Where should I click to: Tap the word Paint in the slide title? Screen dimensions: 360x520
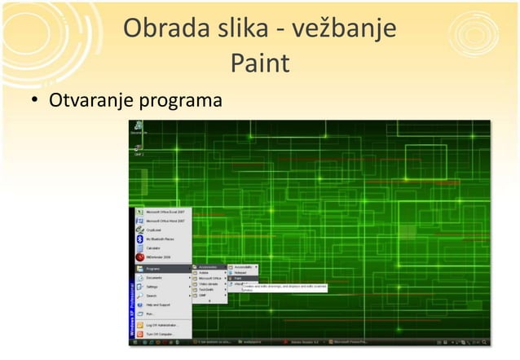(x=260, y=63)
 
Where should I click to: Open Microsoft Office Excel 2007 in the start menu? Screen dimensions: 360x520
(x=164, y=210)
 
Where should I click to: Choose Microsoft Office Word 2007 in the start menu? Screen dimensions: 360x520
(x=164, y=221)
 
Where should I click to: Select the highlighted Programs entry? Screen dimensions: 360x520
(x=161, y=267)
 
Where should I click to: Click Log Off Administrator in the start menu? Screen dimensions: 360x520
(x=164, y=324)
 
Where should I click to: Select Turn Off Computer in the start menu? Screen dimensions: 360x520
(x=161, y=334)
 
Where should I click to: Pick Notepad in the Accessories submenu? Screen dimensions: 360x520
(x=242, y=273)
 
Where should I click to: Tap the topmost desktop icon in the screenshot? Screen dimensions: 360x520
(x=139, y=127)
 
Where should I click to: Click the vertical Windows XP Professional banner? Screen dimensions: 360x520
(x=132, y=310)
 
